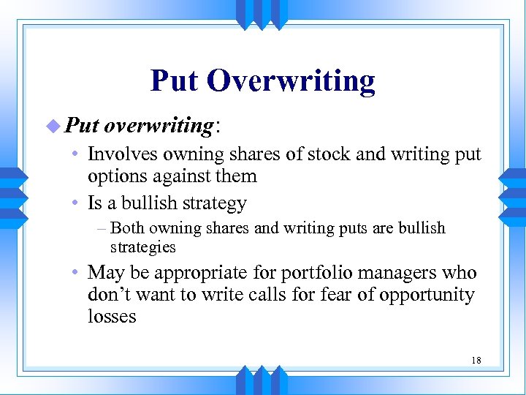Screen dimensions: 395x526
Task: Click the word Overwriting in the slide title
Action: (x=291, y=81)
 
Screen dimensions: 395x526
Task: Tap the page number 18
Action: (x=476, y=360)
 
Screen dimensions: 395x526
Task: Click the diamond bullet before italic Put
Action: (x=56, y=126)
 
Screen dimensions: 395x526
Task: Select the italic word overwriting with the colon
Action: (x=161, y=126)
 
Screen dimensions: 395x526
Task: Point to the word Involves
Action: (x=118, y=154)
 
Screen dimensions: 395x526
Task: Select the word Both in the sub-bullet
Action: (x=127, y=228)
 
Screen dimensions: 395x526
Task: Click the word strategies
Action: (x=142, y=247)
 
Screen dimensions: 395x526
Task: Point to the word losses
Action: (x=112, y=316)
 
